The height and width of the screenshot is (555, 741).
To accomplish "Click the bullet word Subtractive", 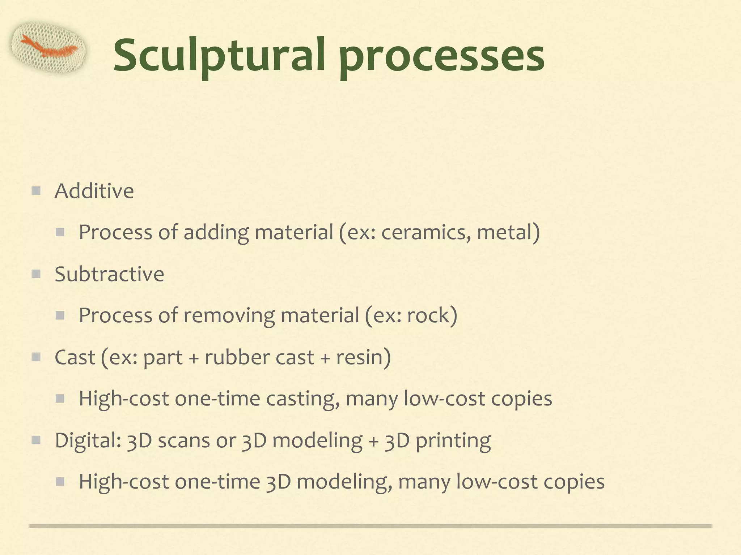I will pos(109,274).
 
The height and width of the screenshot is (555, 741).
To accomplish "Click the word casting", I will pos(302,399).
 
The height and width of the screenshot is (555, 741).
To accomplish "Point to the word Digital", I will pos(87,440).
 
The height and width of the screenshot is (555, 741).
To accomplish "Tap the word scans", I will pos(184,440).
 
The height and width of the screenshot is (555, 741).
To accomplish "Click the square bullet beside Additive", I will pos(36,190).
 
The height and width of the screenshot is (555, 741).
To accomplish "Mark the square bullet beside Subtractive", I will pos(36,274).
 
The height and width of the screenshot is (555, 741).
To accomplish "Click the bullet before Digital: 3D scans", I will pos(36,440).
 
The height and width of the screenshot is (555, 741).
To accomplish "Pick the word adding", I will pos(216,232).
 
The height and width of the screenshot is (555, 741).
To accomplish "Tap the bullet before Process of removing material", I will pos(60,315).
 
